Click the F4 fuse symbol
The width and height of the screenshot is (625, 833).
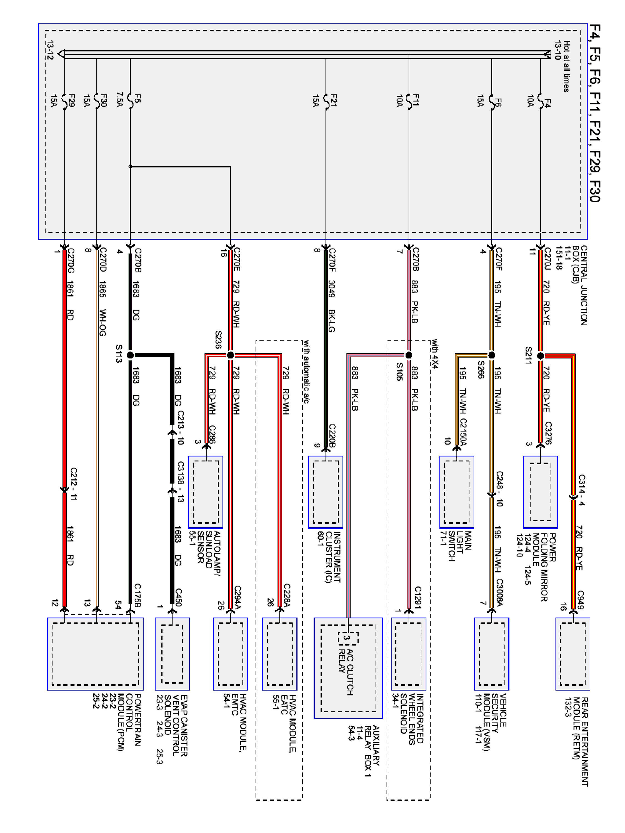click(x=540, y=101)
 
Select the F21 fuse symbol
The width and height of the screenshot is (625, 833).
click(x=326, y=101)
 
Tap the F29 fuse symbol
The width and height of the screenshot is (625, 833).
click(x=64, y=101)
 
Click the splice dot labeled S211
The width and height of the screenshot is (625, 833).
click(x=540, y=355)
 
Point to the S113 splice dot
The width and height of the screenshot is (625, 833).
click(x=130, y=355)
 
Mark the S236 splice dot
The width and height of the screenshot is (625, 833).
click(x=231, y=355)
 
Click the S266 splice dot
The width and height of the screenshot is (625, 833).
click(x=491, y=355)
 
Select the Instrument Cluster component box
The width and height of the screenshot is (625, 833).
click(x=326, y=492)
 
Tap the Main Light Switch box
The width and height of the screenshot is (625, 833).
click(x=457, y=492)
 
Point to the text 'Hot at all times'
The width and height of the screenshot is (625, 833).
click(x=566, y=66)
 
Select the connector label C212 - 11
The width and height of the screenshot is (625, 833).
click(x=74, y=484)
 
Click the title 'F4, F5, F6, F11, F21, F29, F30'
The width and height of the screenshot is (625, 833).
click(x=594, y=113)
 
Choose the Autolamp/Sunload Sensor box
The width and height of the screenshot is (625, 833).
click(x=206, y=492)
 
